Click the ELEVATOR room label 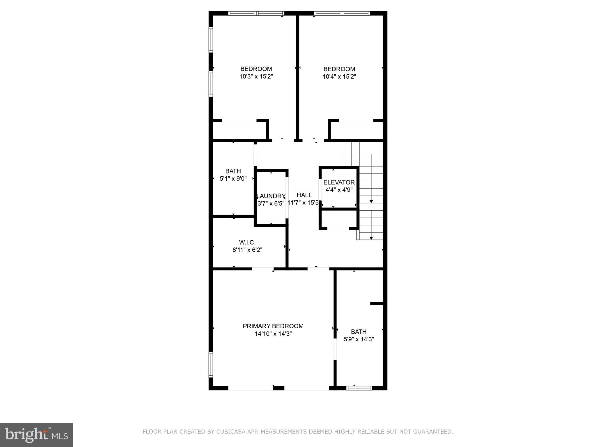coord(339,182)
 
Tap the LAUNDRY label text coord(271,196)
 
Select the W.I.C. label coord(247,242)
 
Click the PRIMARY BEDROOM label coord(273,326)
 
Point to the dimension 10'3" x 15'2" coord(256,77)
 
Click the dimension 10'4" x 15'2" coord(339,77)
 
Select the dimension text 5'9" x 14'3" coord(359,339)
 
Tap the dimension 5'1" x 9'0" coord(233,178)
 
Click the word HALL coord(304,195)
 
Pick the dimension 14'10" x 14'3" coord(273,334)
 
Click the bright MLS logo coord(36,435)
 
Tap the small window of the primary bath coord(359,388)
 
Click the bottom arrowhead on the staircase coord(371,238)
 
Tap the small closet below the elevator coord(338,219)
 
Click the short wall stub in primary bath coord(377,304)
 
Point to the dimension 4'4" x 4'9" coord(339,190)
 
